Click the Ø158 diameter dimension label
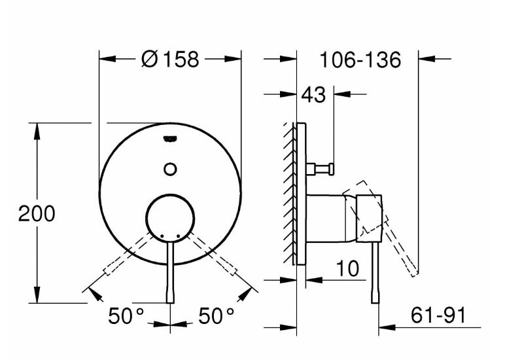pos(170,60)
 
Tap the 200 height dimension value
pos(37,213)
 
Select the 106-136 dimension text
pos(360,60)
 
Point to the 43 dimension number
pos(313,94)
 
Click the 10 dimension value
pos(347,268)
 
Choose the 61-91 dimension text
pos(438,315)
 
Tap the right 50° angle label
pos(216,316)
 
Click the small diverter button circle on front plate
pos(170,169)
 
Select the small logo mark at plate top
pos(170,139)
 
